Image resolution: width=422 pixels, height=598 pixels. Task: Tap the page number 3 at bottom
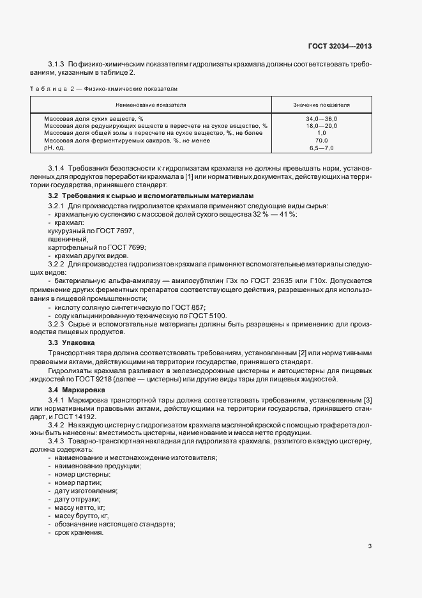click(370, 546)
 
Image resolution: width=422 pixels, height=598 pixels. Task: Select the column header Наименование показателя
click(151, 103)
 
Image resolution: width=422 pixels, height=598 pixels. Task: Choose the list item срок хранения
click(79, 533)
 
